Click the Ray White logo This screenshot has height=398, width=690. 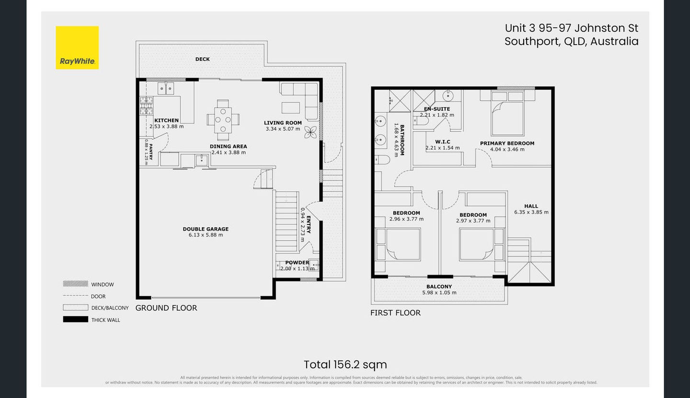[77, 47]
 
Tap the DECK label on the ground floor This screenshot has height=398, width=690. [202, 59]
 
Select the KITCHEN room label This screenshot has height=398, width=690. [166, 120]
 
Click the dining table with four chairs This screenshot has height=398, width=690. [223, 117]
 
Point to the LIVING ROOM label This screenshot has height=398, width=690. [283, 123]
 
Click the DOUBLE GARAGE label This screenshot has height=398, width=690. [206, 229]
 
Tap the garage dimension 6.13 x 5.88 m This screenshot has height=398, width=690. [206, 235]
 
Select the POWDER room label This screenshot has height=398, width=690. [297, 262]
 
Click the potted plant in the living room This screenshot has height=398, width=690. [310, 132]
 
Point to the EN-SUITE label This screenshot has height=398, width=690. [437, 109]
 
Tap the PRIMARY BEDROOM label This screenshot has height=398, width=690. [507, 143]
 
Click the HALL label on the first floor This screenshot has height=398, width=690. [531, 206]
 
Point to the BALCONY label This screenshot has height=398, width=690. [439, 286]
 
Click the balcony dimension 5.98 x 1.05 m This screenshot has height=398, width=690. [439, 293]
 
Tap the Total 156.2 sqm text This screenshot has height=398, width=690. [345, 364]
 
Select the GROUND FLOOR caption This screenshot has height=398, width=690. [166, 308]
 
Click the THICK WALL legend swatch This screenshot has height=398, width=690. [75, 319]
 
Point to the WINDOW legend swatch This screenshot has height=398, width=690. [75, 284]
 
